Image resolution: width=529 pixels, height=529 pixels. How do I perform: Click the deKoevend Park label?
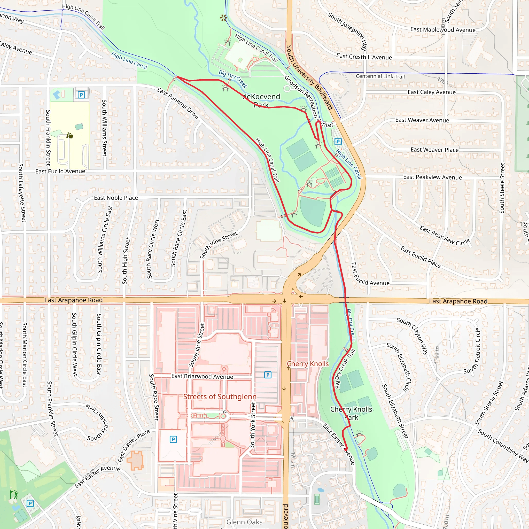261,100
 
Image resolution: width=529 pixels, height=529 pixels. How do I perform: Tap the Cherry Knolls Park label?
351,413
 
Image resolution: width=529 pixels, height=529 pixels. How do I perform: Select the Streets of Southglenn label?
220,396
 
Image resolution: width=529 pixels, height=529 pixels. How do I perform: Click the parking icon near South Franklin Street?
81,95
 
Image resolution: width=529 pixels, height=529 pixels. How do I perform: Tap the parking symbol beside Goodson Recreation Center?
338,142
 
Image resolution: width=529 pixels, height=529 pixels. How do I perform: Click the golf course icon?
14,495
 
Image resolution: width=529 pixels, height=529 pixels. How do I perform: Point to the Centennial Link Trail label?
380,76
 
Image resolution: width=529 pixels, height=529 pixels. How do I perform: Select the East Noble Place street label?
116,198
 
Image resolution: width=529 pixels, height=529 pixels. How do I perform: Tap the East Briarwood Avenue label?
202,377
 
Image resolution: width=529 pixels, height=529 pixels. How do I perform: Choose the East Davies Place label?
134,446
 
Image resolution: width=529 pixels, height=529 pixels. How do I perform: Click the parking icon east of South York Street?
268,375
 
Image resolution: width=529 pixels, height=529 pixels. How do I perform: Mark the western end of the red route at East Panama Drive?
177,77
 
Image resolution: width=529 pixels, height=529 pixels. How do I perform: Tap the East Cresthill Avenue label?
364,57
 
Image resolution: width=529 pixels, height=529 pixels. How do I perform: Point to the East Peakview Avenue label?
432,177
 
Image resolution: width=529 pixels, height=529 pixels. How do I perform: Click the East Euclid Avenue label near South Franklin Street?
60,172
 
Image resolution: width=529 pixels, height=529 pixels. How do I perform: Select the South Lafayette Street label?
22,192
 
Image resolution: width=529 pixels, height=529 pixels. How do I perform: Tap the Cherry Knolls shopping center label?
308,364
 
